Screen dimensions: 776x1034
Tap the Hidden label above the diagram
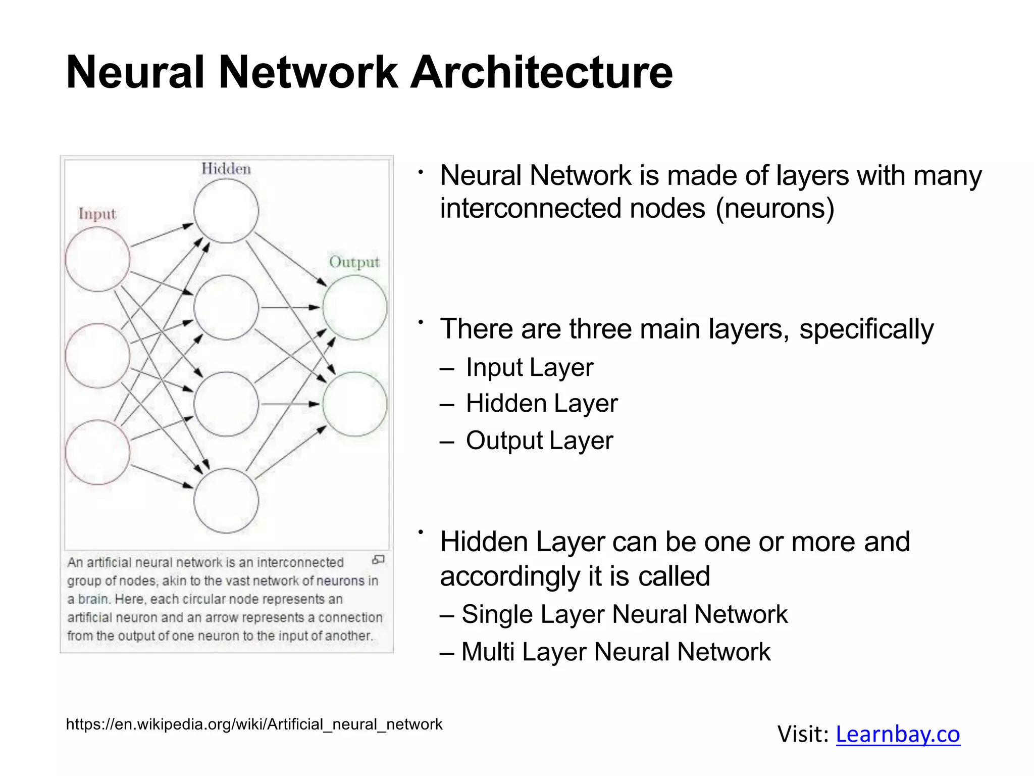(x=226, y=169)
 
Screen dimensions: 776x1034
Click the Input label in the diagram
(x=97, y=214)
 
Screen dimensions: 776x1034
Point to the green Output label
(x=354, y=262)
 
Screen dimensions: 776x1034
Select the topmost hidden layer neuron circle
(x=226, y=211)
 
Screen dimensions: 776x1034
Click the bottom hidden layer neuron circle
(x=226, y=500)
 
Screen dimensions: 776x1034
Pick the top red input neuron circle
(x=97, y=259)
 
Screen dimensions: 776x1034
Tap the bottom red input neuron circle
(x=97, y=452)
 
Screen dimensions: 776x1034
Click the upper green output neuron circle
(x=355, y=307)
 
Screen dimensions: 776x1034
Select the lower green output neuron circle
(x=355, y=404)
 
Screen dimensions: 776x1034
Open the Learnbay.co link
(x=898, y=734)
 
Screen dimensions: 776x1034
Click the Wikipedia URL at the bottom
(x=254, y=724)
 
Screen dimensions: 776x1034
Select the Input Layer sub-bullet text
(x=529, y=367)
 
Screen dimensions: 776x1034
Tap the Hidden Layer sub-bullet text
(x=541, y=404)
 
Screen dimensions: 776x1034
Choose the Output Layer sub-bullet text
(x=539, y=441)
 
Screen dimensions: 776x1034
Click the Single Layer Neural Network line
(x=624, y=615)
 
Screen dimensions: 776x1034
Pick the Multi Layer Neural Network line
(x=615, y=652)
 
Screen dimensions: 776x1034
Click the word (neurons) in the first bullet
(x=775, y=209)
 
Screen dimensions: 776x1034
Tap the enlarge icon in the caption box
(x=378, y=559)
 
